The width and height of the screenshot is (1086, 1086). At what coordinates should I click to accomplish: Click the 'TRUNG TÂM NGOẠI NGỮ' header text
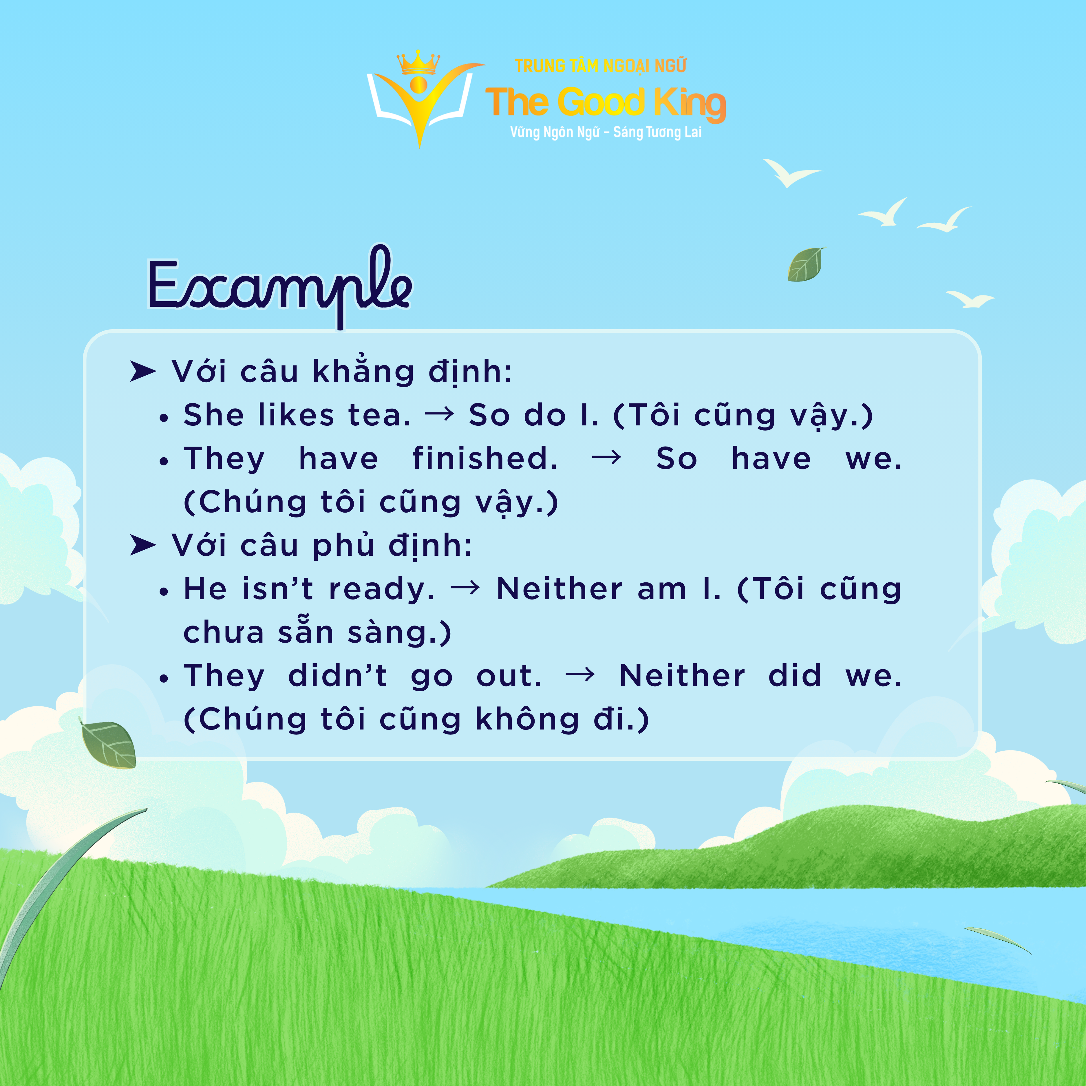point(600,66)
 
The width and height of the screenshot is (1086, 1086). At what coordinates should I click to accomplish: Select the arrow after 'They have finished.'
point(606,458)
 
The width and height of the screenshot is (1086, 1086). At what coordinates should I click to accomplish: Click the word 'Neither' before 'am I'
point(559,589)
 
